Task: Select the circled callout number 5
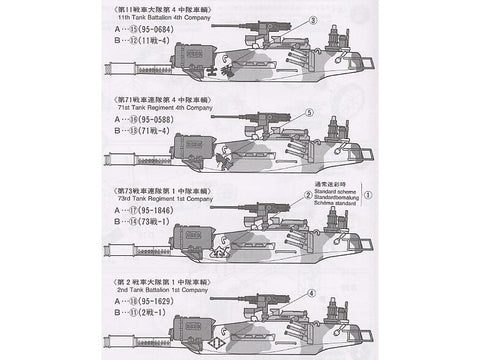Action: (x=310, y=112)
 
